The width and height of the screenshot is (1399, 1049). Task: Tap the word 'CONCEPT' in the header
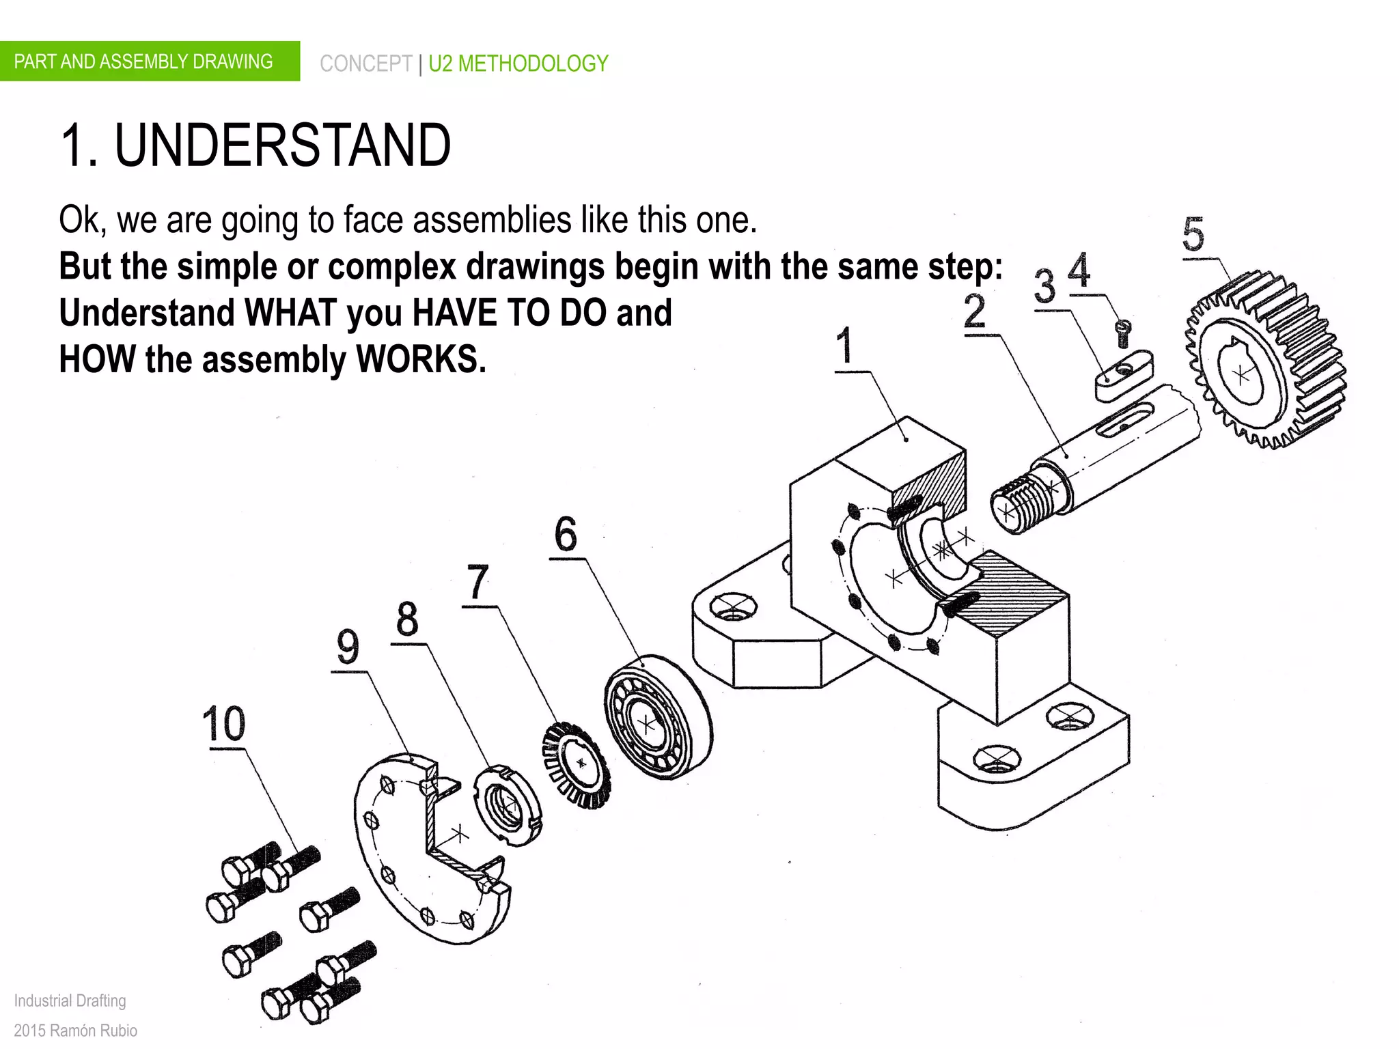(365, 64)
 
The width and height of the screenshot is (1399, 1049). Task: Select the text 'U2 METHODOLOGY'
(518, 64)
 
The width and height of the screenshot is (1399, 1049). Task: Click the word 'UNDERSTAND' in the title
(282, 145)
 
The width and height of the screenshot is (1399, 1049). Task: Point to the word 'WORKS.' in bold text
(421, 359)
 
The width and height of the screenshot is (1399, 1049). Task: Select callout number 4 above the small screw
(1079, 270)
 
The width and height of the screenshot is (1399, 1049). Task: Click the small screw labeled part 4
(1123, 334)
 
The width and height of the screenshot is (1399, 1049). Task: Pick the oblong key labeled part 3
(1123, 376)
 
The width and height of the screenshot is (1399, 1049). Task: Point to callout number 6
(566, 534)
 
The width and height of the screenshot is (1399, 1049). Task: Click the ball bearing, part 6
(657, 717)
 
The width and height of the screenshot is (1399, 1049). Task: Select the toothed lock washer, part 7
(578, 765)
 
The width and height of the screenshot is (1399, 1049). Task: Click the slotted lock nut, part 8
(507, 806)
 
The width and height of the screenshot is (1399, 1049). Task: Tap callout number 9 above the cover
(348, 647)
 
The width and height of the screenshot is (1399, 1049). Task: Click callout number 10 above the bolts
(224, 724)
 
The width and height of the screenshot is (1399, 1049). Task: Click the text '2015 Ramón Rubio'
(75, 1030)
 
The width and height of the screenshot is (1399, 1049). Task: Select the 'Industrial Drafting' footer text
(70, 1001)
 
